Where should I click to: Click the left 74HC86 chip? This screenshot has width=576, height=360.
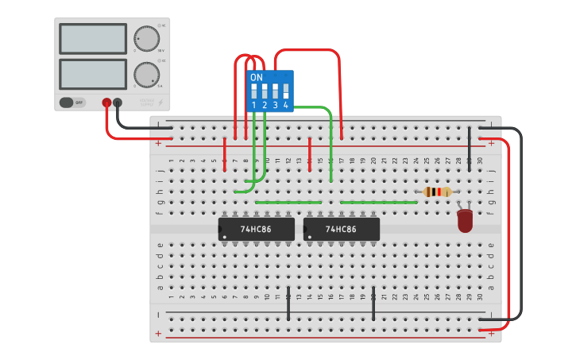[x=256, y=230]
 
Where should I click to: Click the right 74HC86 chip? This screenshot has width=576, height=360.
[x=341, y=230]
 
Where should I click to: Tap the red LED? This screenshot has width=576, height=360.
[x=465, y=220]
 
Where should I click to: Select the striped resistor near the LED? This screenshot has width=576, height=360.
[x=437, y=192]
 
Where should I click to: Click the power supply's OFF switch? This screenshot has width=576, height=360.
[x=72, y=102]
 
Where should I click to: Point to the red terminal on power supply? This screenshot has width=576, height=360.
[x=106, y=102]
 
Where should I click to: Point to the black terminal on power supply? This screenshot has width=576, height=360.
[x=118, y=102]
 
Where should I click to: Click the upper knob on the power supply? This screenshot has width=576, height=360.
[x=146, y=38]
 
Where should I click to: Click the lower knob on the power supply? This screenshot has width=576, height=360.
[x=146, y=75]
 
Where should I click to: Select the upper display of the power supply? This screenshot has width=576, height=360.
[x=92, y=39]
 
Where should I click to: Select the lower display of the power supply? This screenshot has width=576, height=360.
[x=92, y=74]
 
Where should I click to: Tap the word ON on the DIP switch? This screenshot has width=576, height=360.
[x=256, y=78]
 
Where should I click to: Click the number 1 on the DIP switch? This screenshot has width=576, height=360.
[x=254, y=105]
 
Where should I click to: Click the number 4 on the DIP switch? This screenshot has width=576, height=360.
[x=285, y=105]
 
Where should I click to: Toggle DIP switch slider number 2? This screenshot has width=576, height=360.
[x=265, y=91]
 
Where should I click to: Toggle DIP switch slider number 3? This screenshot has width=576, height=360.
[x=275, y=91]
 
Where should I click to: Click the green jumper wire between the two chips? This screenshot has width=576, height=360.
[x=288, y=203]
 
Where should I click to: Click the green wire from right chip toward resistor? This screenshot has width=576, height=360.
[x=378, y=203]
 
